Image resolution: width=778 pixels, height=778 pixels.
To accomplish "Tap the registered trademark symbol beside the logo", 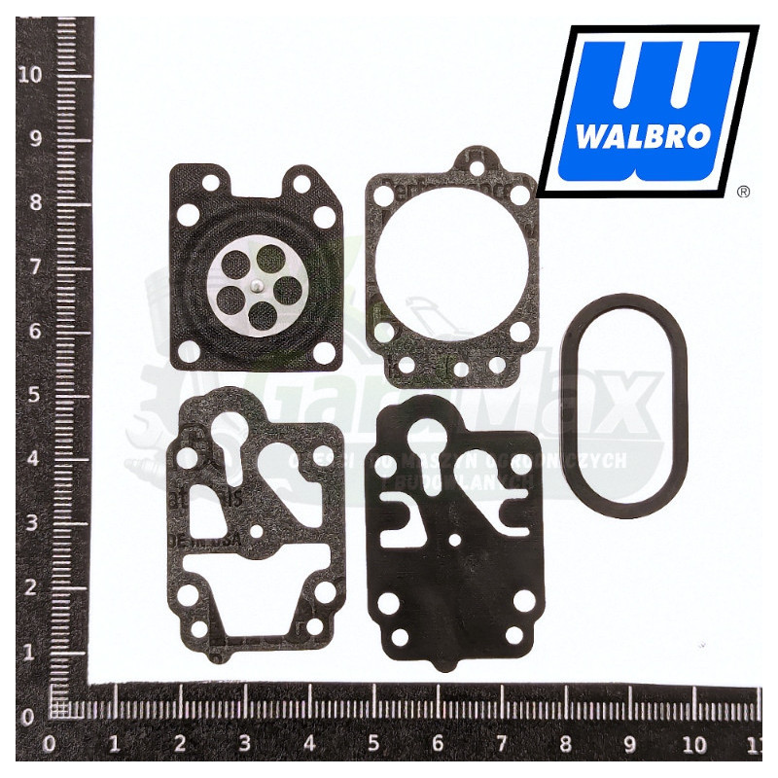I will (x=744, y=193).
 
